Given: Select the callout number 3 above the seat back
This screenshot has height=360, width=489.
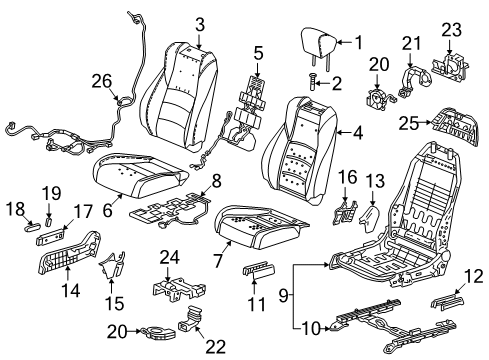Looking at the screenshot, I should [199, 24].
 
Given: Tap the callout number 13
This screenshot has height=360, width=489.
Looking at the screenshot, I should [373, 179].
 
